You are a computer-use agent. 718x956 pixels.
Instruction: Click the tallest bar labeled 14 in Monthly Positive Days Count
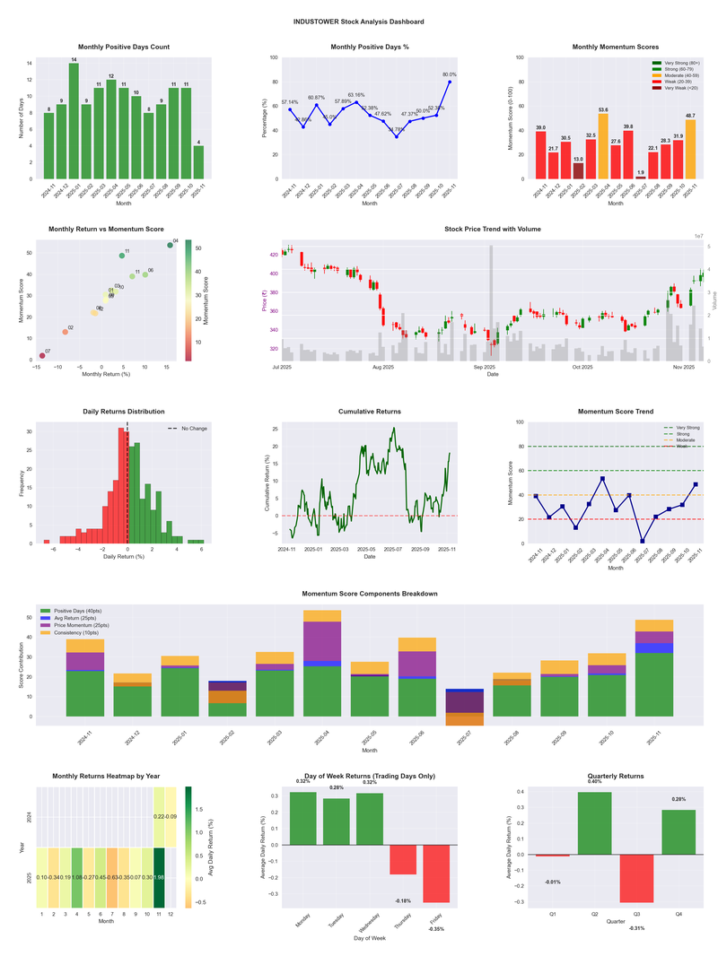pos(74,121)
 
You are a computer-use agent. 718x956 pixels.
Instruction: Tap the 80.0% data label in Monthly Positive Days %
pos(450,74)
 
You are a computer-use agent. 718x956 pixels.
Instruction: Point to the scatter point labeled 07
pos(42,356)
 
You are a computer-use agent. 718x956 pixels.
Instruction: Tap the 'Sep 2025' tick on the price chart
pos(485,367)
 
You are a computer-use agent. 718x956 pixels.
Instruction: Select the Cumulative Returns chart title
pos(370,412)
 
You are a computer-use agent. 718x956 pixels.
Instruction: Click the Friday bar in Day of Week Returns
pos(437,873)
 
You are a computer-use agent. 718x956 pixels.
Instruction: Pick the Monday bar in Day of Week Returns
pos(303,818)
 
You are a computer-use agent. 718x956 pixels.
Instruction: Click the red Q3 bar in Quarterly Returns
pos(636,878)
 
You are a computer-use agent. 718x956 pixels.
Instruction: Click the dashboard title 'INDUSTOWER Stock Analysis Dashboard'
pos(359,21)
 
